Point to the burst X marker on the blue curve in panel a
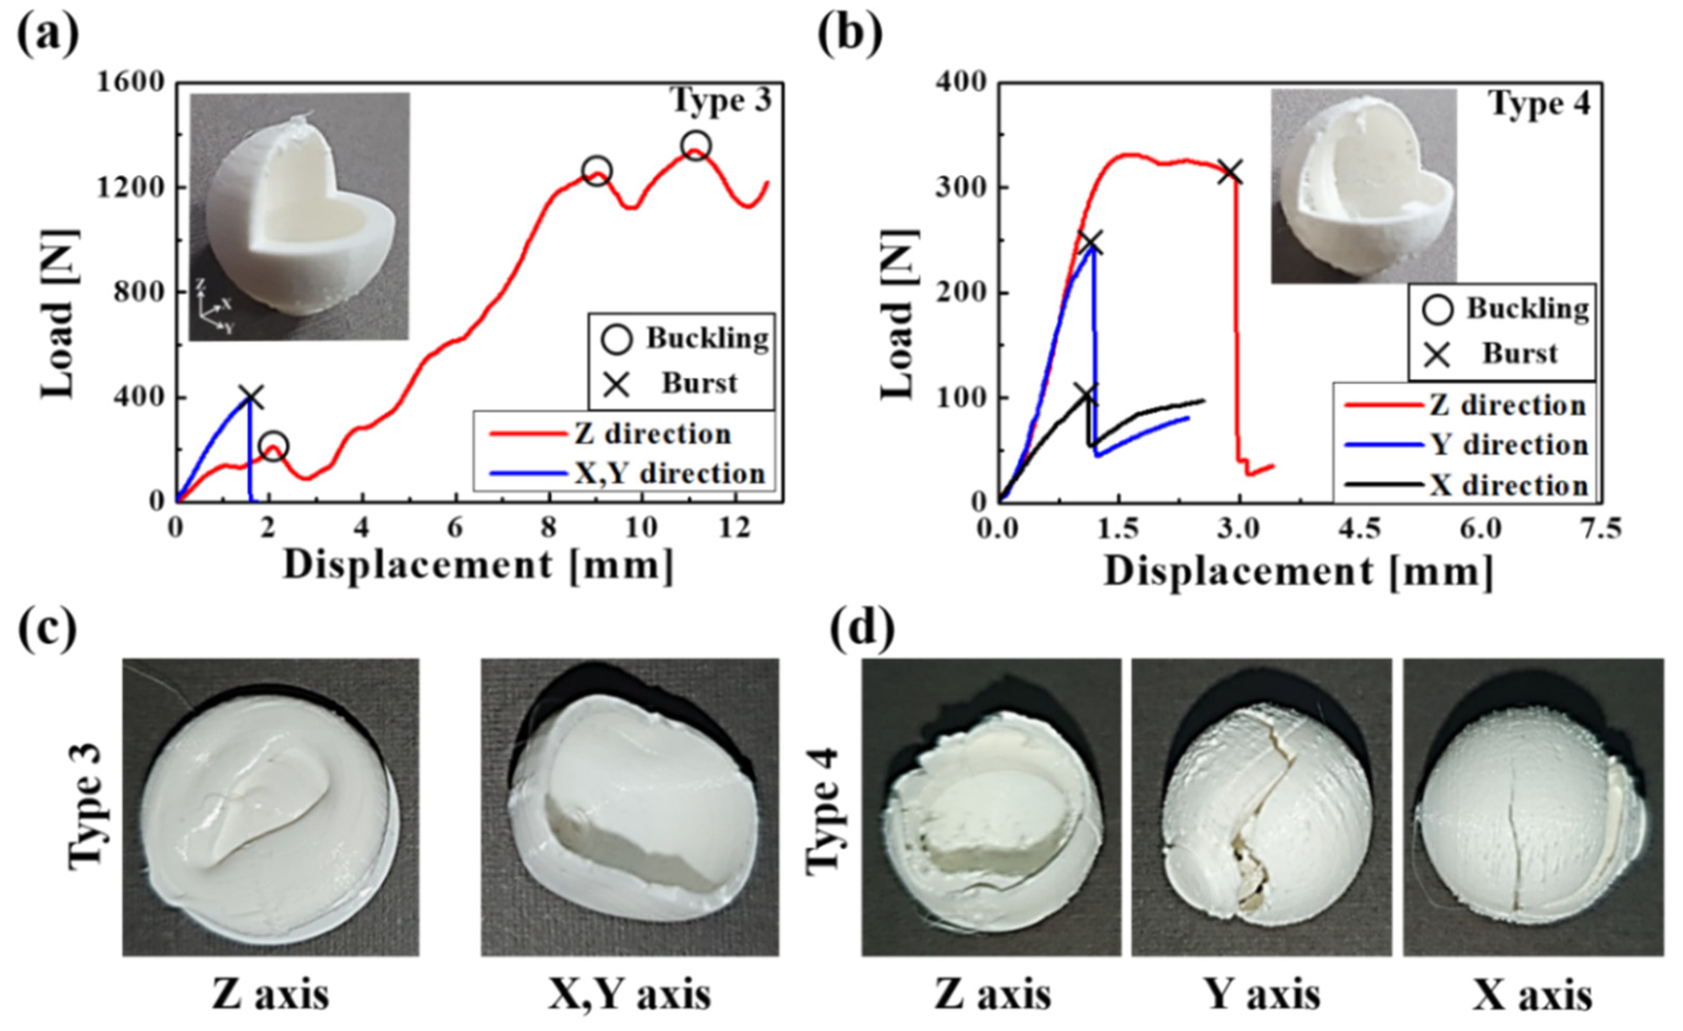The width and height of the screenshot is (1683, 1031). coord(251,397)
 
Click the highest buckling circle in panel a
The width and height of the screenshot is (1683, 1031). coord(695,146)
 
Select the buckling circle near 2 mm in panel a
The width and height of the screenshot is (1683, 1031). coord(274,447)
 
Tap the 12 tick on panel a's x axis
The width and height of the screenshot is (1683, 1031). coord(735,528)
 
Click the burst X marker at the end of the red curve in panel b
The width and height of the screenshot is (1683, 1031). coord(1231,172)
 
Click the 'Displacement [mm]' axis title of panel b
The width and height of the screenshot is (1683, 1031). coord(1298,571)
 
